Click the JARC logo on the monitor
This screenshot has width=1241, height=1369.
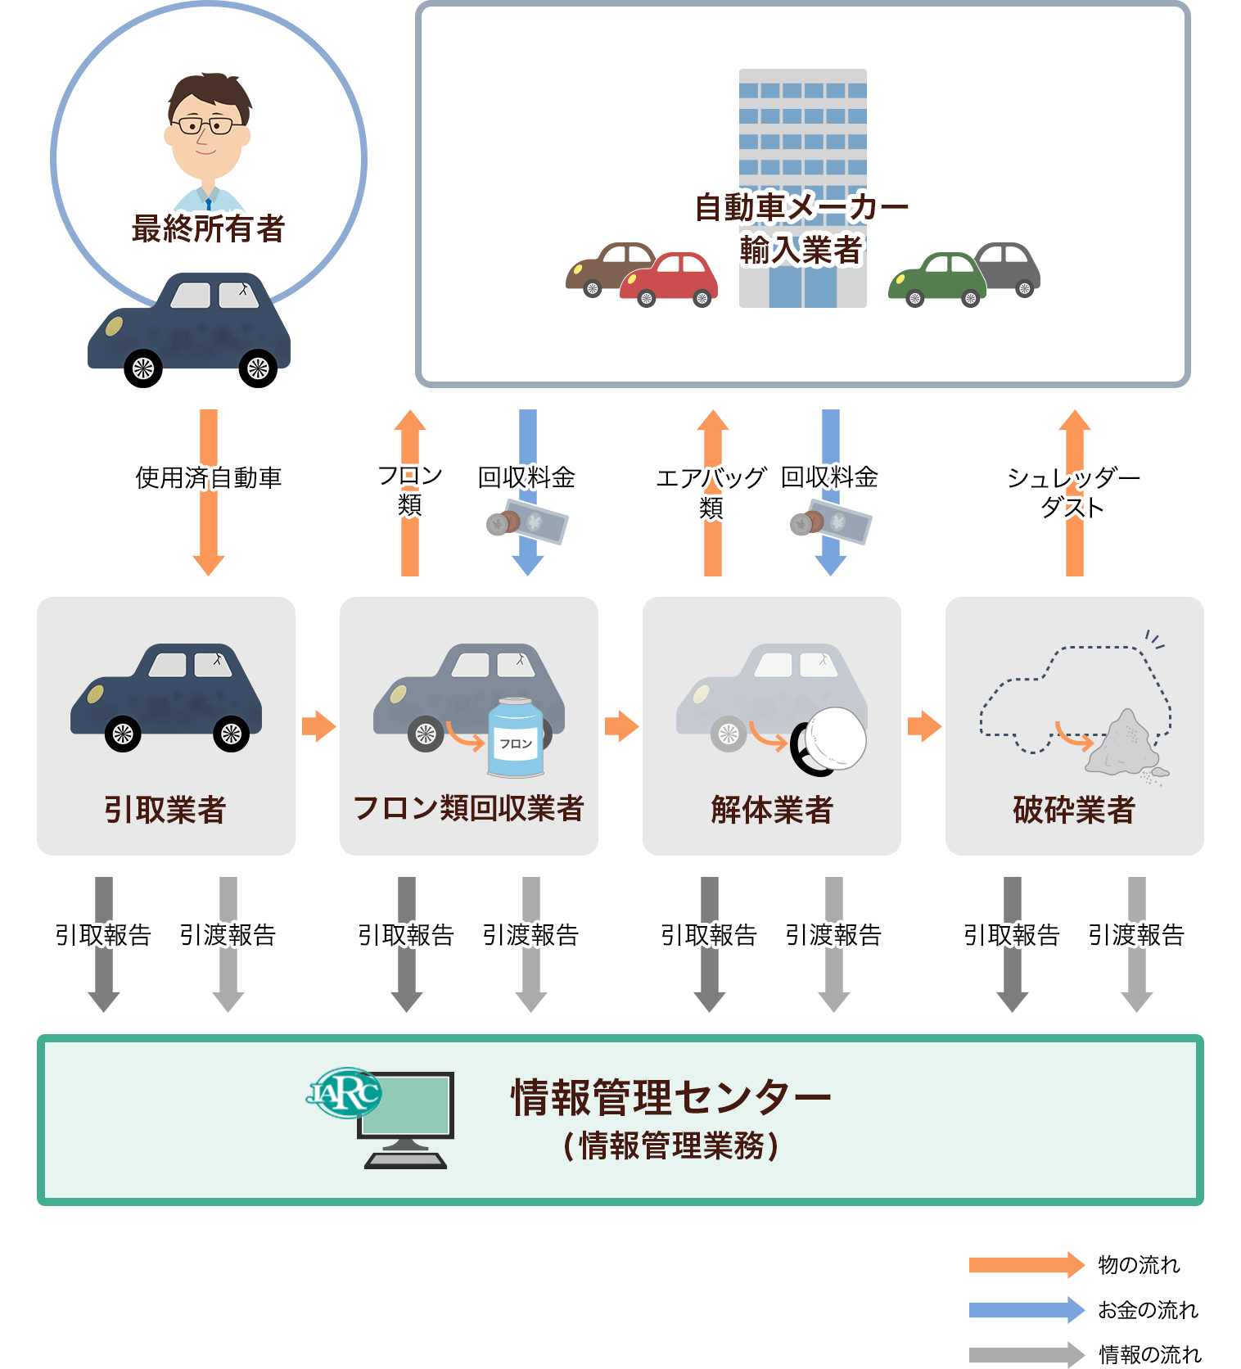[x=345, y=1092]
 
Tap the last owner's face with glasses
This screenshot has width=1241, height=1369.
[x=208, y=131]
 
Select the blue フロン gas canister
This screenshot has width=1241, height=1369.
[x=516, y=737]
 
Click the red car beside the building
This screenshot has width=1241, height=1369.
[x=669, y=279]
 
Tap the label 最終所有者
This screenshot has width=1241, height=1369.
[x=208, y=228]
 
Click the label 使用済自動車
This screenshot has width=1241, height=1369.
[x=209, y=477]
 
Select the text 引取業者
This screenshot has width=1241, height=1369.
[x=165, y=810]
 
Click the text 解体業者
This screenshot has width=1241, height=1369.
[x=772, y=810]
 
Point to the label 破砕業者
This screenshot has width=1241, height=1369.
[x=1074, y=810]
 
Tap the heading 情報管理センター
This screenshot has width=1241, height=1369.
[x=671, y=1097]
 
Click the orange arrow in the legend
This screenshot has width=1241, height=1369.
[x=1027, y=1265]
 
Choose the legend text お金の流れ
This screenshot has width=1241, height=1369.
[x=1148, y=1310]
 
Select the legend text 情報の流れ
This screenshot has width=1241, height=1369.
[x=1149, y=1355]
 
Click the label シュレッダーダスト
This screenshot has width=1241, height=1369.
[x=1073, y=491]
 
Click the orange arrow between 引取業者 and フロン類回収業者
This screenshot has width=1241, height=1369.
[x=319, y=726]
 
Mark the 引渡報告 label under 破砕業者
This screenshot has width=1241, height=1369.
[x=1136, y=934]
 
